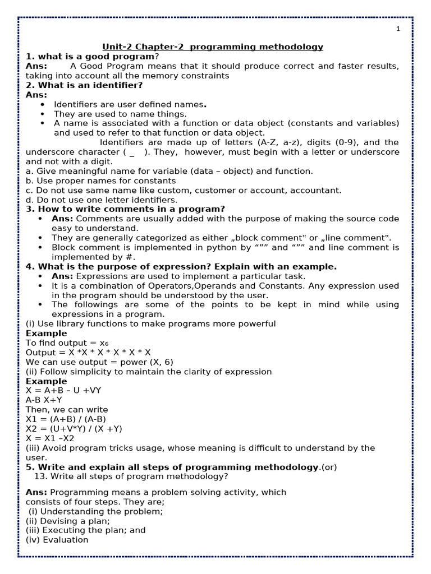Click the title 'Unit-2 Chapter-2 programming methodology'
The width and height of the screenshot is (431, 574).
tap(213, 47)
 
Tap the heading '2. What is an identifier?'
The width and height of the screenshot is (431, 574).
tap(84, 85)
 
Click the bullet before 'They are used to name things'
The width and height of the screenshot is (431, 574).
tap(43, 114)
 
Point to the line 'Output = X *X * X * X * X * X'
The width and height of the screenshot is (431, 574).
tap(88, 353)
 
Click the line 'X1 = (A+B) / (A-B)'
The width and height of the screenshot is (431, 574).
tap(66, 419)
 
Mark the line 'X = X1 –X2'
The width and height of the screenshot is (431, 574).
tap(50, 438)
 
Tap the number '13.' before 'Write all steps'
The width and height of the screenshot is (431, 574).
tap(41, 476)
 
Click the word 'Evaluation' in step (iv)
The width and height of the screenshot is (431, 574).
tap(66, 540)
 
